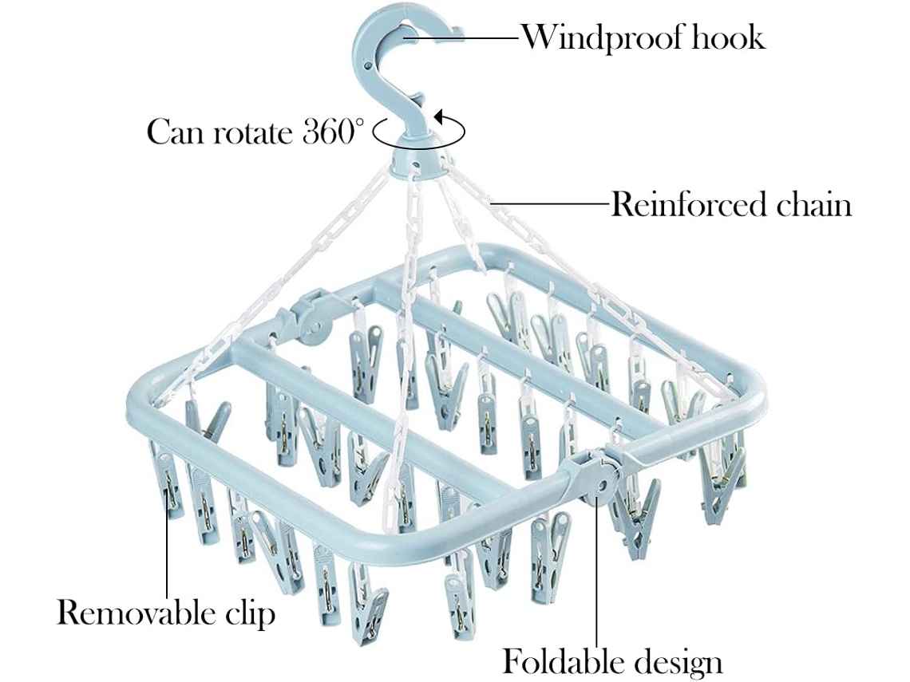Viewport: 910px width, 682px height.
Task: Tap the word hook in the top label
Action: coord(729,37)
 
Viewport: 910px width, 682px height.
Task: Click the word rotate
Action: coord(253,132)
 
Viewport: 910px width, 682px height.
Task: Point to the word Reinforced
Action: coord(679,205)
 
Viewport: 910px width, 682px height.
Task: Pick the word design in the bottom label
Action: coord(678,662)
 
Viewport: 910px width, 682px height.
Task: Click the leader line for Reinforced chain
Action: coord(551,205)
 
